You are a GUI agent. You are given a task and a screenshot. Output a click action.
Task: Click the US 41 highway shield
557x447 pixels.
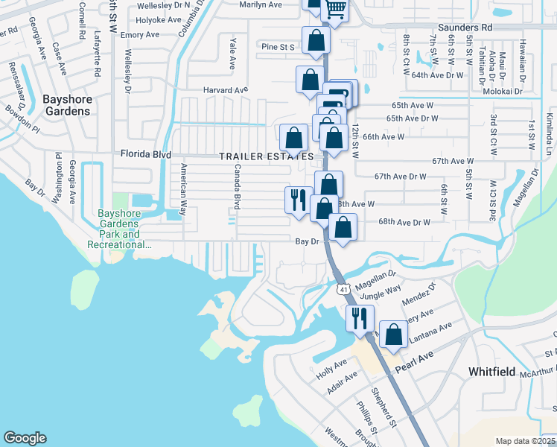pyautogui.click(x=343, y=288)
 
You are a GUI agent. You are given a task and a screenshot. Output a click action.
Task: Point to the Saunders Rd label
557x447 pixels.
pyautogui.click(x=466, y=27)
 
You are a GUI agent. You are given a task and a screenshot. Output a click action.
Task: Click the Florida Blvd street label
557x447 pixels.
pyautogui.click(x=146, y=155)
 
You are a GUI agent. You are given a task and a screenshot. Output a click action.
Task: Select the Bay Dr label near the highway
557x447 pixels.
pyautogui.click(x=307, y=241)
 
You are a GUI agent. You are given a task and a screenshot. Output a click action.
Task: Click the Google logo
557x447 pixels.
pyautogui.click(x=25, y=438)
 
